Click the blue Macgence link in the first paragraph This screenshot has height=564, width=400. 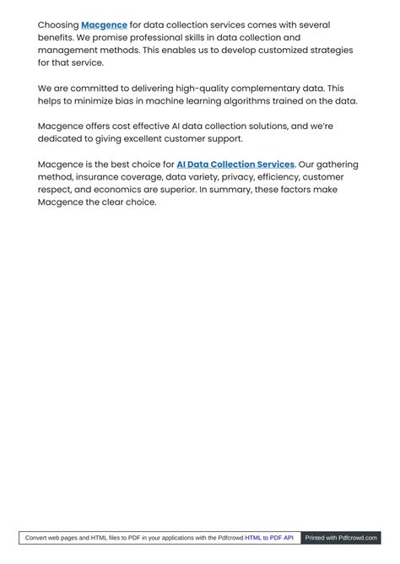coord(104,25)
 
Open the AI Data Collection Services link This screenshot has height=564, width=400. coord(235,164)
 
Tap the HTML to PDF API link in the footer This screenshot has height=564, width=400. coord(269,537)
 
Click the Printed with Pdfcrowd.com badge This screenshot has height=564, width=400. coord(341,537)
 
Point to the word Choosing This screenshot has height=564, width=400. coord(57,25)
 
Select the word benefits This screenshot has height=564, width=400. coord(57,38)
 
